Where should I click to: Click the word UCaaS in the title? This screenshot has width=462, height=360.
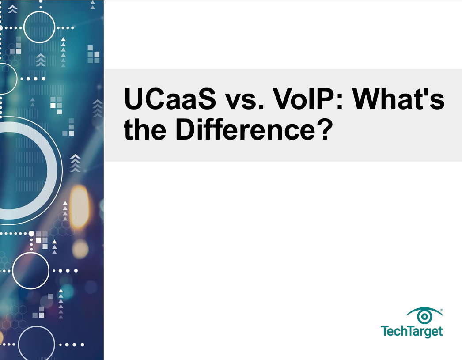pyautogui.click(x=170, y=99)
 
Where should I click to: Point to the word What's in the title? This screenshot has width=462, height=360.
pyautogui.click(x=399, y=99)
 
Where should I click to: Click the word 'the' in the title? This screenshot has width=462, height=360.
pyautogui.click(x=145, y=129)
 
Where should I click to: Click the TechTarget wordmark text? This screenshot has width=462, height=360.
pyautogui.click(x=412, y=331)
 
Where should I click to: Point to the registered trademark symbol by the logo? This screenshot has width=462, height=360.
pyautogui.click(x=441, y=310)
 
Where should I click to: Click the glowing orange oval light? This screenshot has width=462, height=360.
pyautogui.click(x=79, y=207)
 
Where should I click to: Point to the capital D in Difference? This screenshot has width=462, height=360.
pyautogui.click(x=184, y=129)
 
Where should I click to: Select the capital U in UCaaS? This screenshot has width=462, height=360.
pyautogui.click(x=133, y=99)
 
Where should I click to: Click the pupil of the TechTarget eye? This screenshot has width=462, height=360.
pyautogui.click(x=424, y=317)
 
